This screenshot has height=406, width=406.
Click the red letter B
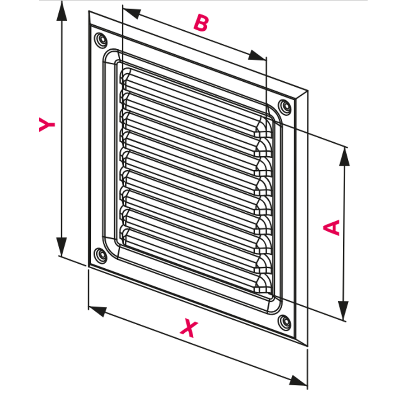click(x=201, y=23)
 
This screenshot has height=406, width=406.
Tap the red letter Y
click(x=47, y=125)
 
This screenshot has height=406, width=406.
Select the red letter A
click(x=333, y=227)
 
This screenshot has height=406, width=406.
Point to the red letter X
click(x=188, y=328)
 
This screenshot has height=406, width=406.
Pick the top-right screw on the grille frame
click(x=285, y=107)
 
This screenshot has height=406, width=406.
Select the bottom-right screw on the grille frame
click(x=285, y=321)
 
